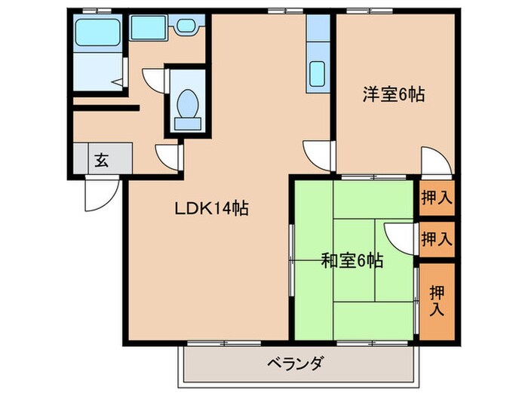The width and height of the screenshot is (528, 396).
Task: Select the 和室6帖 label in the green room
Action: tap(352, 261)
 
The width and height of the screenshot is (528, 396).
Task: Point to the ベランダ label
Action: tap(296, 364)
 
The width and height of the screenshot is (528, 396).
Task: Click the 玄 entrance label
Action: tap(101, 159)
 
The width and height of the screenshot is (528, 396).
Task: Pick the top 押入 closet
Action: tap(437, 199)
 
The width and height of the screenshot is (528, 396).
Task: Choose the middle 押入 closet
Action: tap(437, 240)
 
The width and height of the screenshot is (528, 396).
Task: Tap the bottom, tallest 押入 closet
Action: tap(437, 299)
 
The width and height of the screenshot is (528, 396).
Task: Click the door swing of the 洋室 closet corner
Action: tap(434, 161)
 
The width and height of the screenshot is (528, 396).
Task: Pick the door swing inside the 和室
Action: tap(398, 238)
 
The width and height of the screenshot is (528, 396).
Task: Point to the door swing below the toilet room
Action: tap(168, 155)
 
